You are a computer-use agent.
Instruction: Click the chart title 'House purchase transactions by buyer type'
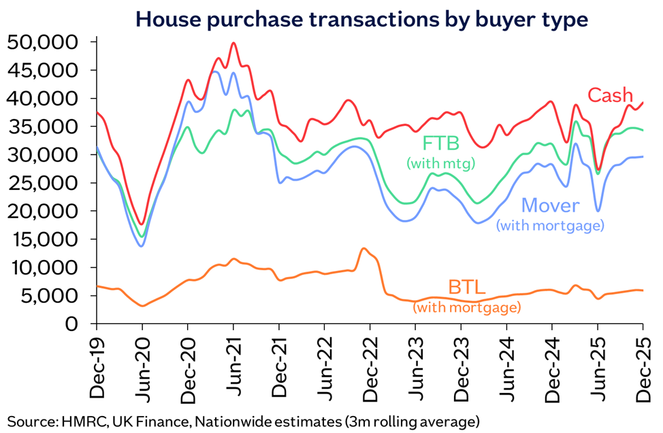(x=361, y=20)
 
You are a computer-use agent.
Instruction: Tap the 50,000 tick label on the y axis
(x=43, y=42)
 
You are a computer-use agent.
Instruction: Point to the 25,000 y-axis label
(x=43, y=183)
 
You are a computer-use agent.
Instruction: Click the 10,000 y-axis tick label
(x=43, y=268)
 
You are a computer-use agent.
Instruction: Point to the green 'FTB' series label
(x=441, y=144)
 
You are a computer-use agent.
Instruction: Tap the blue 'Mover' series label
(x=550, y=206)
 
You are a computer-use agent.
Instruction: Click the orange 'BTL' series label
(x=466, y=287)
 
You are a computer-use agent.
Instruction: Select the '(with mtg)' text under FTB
(x=441, y=163)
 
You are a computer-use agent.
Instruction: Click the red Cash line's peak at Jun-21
(x=233, y=43)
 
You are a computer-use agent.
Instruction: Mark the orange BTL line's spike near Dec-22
(x=363, y=248)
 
